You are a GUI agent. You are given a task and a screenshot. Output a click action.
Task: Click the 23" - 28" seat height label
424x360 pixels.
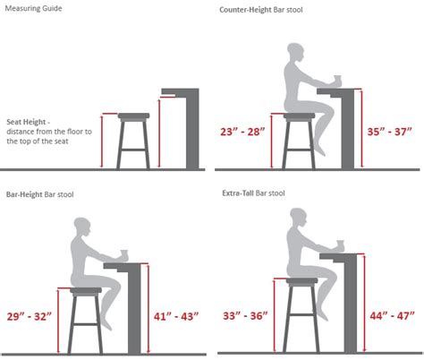243,132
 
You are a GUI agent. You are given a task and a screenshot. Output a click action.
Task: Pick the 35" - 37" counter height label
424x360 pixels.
391,132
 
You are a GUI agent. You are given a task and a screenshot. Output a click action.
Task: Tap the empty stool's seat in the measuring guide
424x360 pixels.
134,116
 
